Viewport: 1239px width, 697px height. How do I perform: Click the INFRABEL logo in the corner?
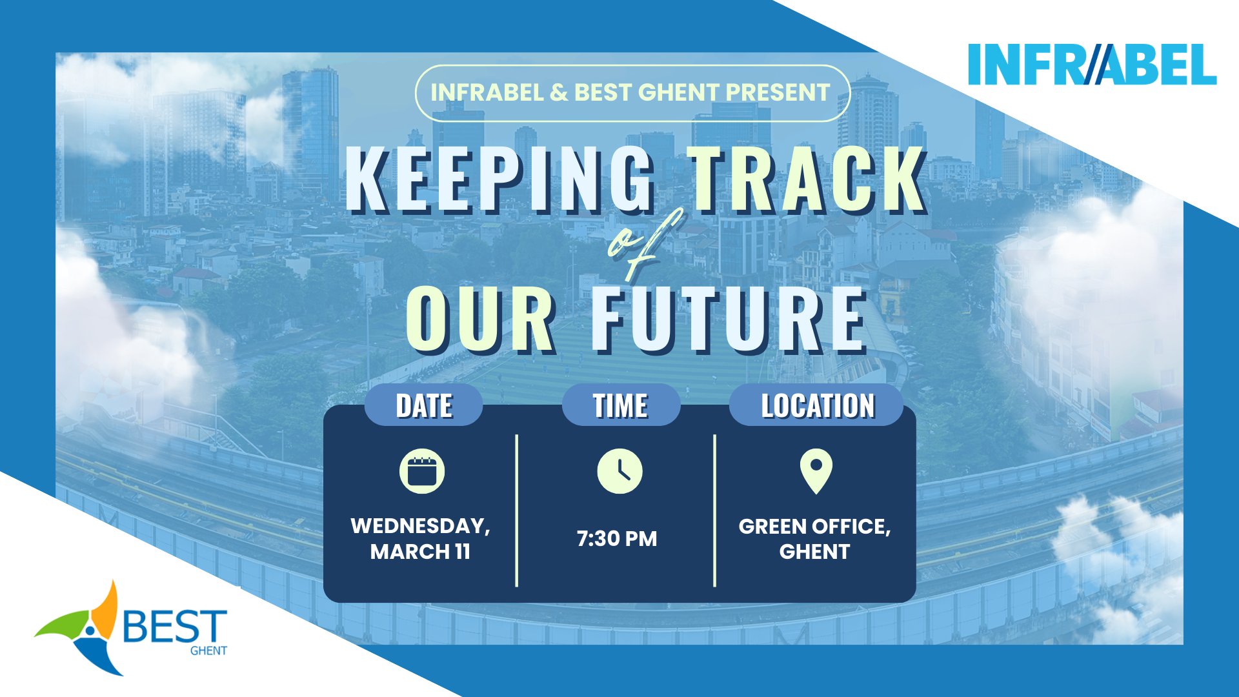(1093, 65)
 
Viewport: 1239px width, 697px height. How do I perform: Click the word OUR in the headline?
(481, 319)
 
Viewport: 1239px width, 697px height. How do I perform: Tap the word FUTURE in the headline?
(729, 319)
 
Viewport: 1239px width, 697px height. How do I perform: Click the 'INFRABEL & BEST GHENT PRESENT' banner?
(632, 93)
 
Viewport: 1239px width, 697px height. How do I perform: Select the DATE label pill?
(424, 405)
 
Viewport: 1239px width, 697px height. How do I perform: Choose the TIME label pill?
(621, 405)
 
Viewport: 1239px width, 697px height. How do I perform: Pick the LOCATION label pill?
(817, 405)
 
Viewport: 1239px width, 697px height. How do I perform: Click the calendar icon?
(422, 471)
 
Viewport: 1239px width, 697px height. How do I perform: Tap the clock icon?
(619, 471)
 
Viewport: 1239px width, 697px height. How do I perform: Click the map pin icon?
(816, 472)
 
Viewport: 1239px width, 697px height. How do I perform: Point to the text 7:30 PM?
(617, 539)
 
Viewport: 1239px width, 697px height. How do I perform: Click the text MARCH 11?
(420, 552)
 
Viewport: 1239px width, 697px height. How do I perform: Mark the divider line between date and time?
(517, 510)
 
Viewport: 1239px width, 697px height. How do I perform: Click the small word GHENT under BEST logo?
(208, 651)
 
